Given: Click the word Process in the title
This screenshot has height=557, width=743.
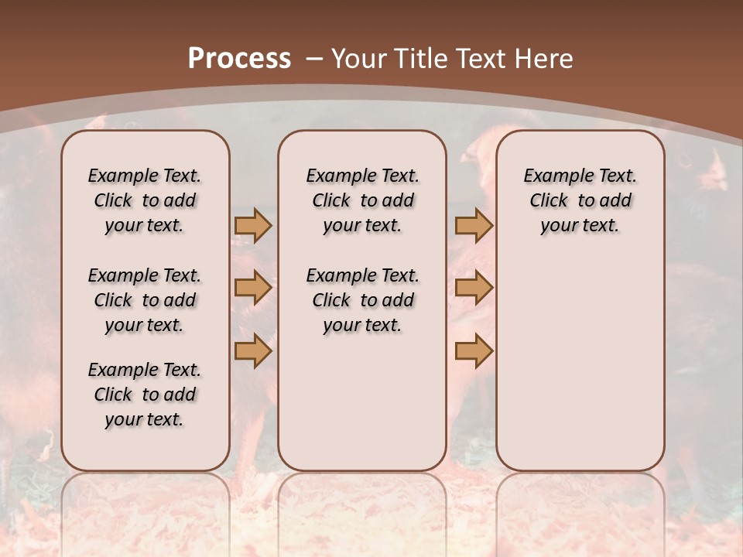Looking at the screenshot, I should point(239,58).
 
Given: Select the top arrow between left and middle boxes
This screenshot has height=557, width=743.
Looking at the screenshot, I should point(253,225).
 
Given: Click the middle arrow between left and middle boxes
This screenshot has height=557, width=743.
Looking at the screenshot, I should point(253,288).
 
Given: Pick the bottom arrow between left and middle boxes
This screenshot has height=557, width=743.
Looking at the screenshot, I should point(253,350).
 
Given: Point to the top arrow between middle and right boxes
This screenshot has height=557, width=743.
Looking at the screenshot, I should point(474,225).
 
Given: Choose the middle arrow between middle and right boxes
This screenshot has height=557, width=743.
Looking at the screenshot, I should point(474,288).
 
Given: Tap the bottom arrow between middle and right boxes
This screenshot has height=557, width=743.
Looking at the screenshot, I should point(474,350).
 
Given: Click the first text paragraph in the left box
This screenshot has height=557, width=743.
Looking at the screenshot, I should point(145,200).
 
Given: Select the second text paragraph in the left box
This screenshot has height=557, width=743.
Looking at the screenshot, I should point(145,300).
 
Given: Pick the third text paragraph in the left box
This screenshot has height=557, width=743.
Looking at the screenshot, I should point(145,395).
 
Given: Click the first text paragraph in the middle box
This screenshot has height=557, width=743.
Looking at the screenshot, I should point(363,200).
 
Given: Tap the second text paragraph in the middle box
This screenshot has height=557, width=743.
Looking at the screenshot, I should point(363,300).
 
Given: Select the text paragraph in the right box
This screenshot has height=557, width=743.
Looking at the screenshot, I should point(580,200).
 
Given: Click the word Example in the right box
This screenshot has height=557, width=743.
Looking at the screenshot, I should point(553,176).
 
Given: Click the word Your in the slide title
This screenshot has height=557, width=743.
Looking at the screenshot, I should point(358,58).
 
